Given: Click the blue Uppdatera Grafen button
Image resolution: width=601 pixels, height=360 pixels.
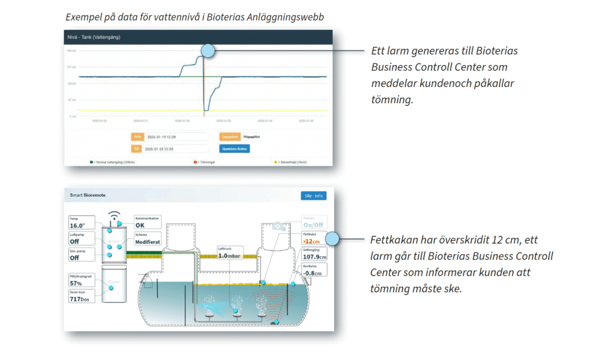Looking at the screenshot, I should pos(234,149).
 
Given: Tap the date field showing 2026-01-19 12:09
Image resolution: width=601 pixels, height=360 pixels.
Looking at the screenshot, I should pos(177,136).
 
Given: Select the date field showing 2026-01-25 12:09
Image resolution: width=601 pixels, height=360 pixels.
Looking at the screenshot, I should pos(177,149).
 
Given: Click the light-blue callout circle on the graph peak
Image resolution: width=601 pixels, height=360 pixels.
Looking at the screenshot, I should pos(208,51).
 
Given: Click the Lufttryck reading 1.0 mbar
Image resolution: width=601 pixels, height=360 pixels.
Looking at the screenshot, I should pos(229,256).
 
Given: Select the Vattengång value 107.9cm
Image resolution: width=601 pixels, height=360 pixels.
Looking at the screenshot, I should pos(313,257).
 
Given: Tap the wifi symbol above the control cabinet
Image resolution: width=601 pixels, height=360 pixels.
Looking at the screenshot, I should pos(115,215).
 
